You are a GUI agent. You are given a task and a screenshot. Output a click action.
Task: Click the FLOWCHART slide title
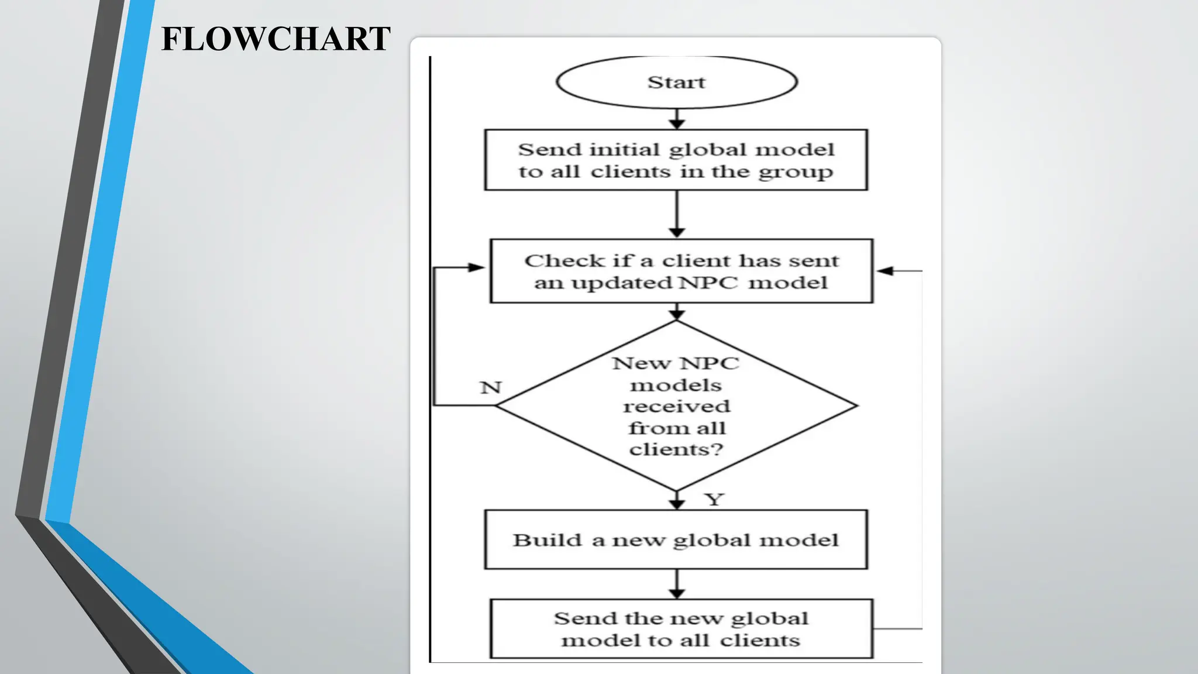(276, 39)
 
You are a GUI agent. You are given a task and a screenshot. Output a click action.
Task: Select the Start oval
(676, 82)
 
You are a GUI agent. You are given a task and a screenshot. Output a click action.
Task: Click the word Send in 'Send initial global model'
(550, 150)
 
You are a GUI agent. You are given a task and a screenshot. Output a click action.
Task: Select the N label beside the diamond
(491, 387)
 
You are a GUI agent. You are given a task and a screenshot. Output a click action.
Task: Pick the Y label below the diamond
(714, 499)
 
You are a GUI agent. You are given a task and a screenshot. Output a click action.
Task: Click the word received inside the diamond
(676, 406)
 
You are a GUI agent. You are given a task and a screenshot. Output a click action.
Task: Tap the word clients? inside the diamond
(676, 449)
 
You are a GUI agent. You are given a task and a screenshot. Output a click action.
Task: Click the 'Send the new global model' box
(681, 629)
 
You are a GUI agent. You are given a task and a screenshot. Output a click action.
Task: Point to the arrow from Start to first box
(677, 119)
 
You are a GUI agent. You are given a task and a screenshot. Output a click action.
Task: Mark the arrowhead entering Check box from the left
(477, 267)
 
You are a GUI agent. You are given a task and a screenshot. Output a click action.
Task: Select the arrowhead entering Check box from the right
(885, 271)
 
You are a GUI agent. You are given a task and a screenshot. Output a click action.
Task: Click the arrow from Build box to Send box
(677, 584)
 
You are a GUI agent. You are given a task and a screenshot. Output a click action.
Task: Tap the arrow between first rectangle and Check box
(677, 214)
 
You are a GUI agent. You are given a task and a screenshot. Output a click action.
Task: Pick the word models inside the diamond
(676, 385)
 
